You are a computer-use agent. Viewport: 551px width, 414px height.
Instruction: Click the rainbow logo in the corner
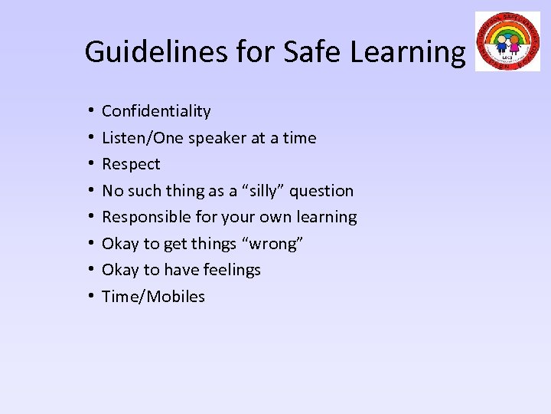click(507, 41)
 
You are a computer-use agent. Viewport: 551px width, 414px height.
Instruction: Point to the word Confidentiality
click(156, 111)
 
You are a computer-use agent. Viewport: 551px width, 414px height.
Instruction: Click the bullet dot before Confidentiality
click(90, 112)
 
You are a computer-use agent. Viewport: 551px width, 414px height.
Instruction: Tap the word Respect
click(131, 164)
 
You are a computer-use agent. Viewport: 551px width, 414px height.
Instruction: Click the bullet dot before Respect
click(90, 165)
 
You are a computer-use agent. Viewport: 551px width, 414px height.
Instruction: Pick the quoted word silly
click(255, 191)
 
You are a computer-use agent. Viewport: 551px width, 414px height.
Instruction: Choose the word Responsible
click(141, 217)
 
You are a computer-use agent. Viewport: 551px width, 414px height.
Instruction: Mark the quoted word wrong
click(276, 244)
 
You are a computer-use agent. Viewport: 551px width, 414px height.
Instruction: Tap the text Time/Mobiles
click(153, 297)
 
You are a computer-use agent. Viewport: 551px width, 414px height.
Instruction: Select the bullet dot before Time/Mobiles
click(90, 297)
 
